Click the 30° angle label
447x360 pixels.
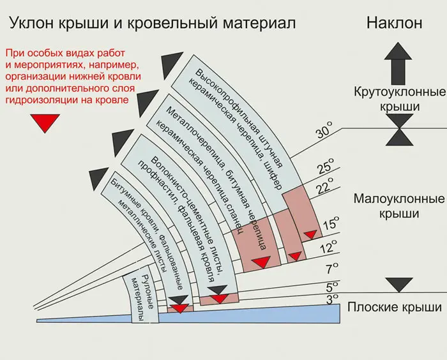[325, 131]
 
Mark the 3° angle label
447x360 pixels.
[333, 299]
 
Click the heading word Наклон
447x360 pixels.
[394, 24]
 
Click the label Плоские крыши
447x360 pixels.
[395, 308]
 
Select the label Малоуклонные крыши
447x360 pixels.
[398, 206]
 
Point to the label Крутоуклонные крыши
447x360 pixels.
[400, 99]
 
